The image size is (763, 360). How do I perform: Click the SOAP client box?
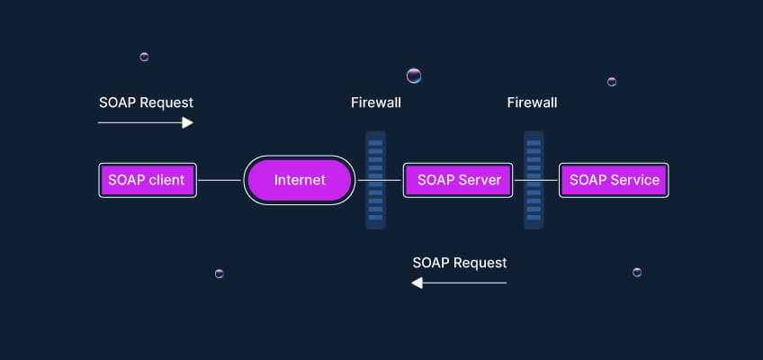coord(147,180)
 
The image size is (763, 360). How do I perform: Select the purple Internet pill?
coord(300,180)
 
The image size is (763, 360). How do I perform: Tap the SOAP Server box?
coord(458,180)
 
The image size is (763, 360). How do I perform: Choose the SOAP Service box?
coord(614,180)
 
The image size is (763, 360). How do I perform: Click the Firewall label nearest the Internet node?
coord(376,103)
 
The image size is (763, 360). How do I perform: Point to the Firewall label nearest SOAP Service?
coord(532,103)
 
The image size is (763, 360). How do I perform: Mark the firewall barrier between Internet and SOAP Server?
coord(376,180)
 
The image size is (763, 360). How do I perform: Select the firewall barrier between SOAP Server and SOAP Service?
coord(534,180)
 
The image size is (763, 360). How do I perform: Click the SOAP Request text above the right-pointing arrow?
coord(146,103)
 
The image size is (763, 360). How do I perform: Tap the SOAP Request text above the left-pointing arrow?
coord(460,263)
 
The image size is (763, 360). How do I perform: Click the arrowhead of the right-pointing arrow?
coord(188,122)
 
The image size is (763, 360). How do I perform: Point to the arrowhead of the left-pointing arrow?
coord(417,283)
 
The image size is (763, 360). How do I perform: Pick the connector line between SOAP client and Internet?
coord(220,180)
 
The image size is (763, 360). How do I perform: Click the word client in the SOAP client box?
coord(166,180)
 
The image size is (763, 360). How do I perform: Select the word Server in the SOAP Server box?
coord(480,180)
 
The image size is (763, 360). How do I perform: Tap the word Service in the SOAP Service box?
coord(635,180)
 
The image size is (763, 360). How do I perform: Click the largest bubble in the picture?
coord(414,76)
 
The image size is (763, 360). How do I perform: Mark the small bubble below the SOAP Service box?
coord(637,272)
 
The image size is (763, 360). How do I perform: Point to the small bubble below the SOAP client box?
coord(219,273)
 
